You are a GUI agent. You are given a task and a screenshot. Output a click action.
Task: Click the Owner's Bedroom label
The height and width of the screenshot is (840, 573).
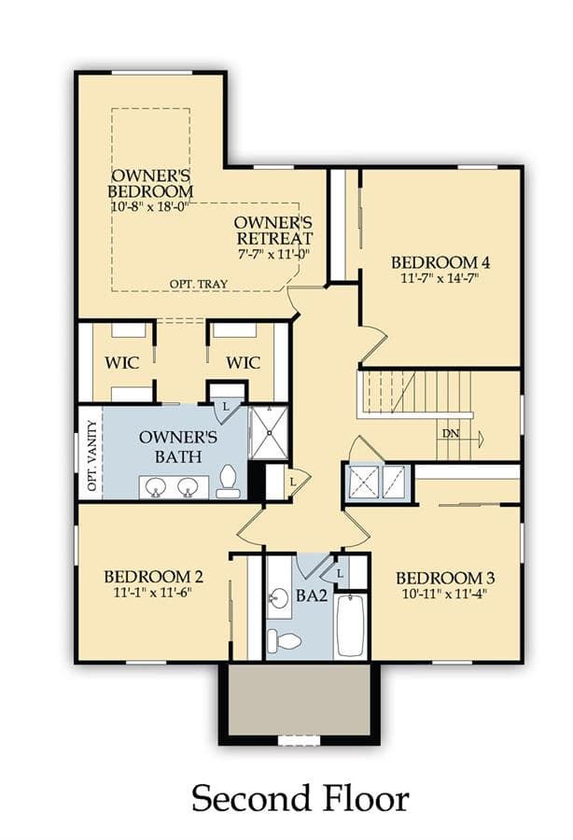150,183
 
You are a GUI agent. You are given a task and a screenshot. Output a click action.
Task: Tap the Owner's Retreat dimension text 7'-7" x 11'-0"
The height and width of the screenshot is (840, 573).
273,253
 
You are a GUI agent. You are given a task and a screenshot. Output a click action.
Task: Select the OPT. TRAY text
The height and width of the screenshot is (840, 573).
199,284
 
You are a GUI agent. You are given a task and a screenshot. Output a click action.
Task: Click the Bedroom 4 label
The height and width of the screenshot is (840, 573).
440,262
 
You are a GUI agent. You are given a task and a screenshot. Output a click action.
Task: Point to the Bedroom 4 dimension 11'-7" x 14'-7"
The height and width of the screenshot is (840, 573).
440,278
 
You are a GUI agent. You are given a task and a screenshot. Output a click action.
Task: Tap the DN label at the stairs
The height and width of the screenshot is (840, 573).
451,433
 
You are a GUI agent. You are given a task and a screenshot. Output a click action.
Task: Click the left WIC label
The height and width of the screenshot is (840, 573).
122,363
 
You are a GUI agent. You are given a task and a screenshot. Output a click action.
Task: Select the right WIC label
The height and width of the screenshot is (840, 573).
244,363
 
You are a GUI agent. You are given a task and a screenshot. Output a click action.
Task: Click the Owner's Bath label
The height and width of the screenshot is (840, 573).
178,446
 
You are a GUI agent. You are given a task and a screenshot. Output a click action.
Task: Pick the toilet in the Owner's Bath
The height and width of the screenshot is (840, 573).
228,483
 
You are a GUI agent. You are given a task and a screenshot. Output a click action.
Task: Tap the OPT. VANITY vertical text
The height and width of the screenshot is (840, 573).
92,455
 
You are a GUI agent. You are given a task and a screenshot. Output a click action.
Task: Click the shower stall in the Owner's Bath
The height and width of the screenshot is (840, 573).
269,432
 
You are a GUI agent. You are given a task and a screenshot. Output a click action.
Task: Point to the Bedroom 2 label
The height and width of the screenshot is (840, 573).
153,577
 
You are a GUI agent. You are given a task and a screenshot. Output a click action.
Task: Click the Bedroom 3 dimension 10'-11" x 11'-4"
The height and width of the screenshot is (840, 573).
444,594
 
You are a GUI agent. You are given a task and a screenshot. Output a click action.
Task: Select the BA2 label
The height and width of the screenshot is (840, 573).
311,595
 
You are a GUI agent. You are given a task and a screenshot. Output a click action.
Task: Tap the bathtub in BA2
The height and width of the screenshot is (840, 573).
351,625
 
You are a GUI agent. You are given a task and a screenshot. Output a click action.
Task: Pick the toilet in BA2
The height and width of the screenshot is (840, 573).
284,640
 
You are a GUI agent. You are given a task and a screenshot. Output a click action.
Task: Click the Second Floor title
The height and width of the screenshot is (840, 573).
300,799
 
